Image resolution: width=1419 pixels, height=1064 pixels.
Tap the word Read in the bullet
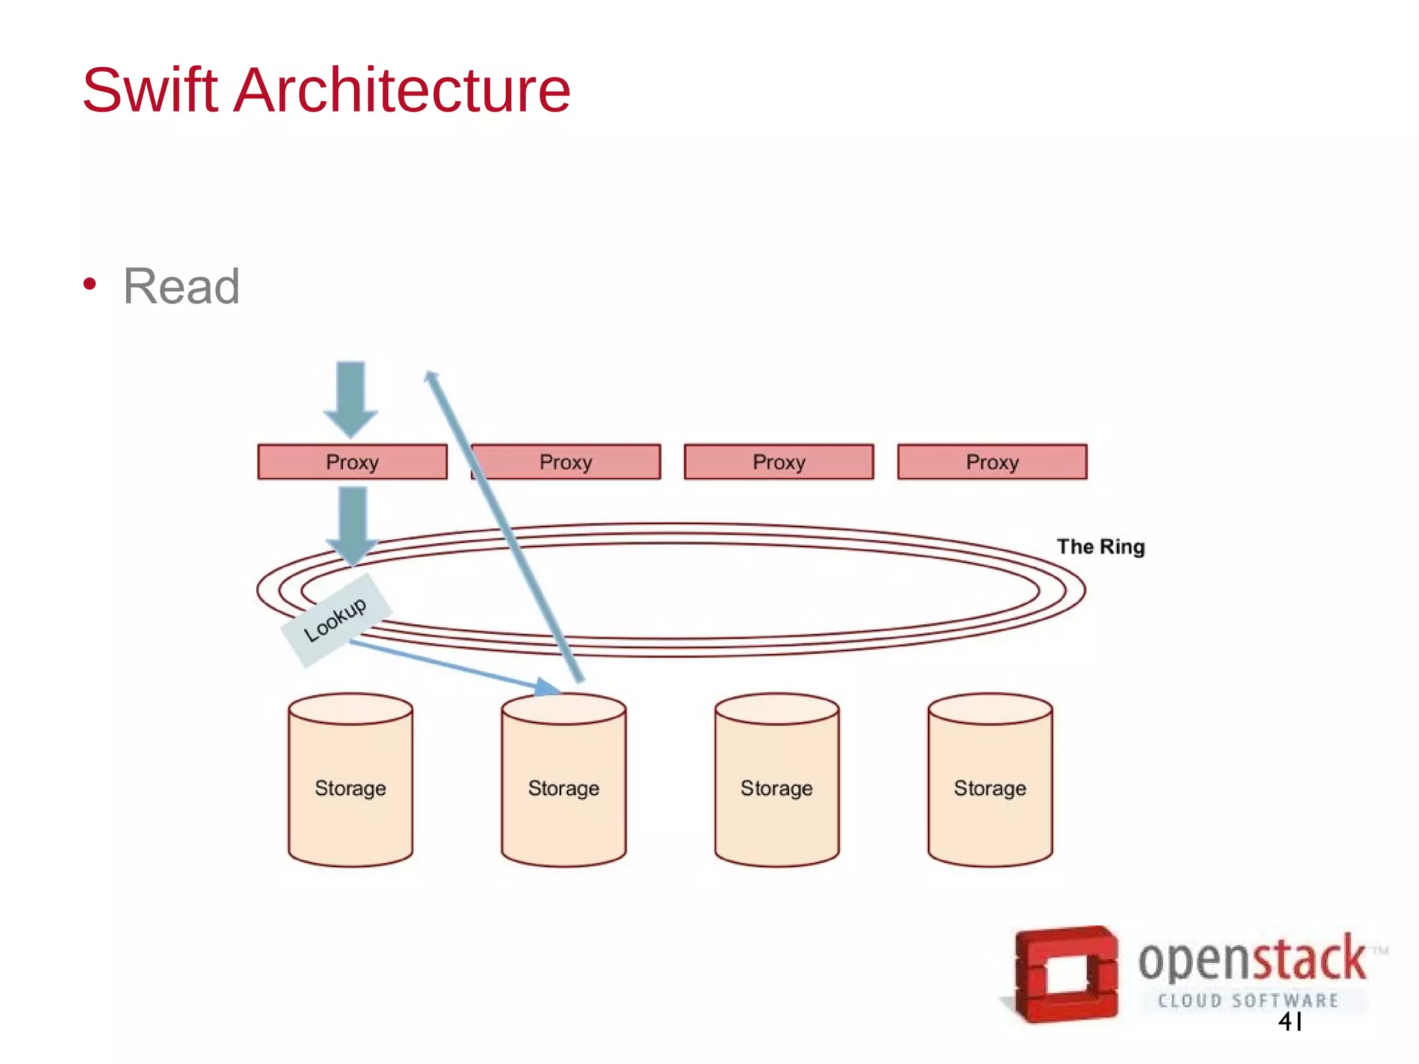[x=182, y=286]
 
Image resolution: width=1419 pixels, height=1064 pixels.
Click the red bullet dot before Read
[x=89, y=284]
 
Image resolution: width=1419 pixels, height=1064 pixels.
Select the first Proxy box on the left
[x=352, y=462]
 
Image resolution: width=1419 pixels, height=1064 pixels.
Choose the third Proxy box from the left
[x=779, y=462]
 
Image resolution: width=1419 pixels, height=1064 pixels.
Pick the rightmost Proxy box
[x=992, y=462]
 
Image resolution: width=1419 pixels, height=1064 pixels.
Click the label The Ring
[x=1100, y=547]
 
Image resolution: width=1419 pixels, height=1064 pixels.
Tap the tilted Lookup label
[x=336, y=619]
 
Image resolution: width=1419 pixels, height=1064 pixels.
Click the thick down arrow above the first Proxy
[x=351, y=398]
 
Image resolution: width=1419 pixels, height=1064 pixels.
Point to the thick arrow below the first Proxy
[x=353, y=523]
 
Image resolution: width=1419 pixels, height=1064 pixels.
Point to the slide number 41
[x=1290, y=1022]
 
